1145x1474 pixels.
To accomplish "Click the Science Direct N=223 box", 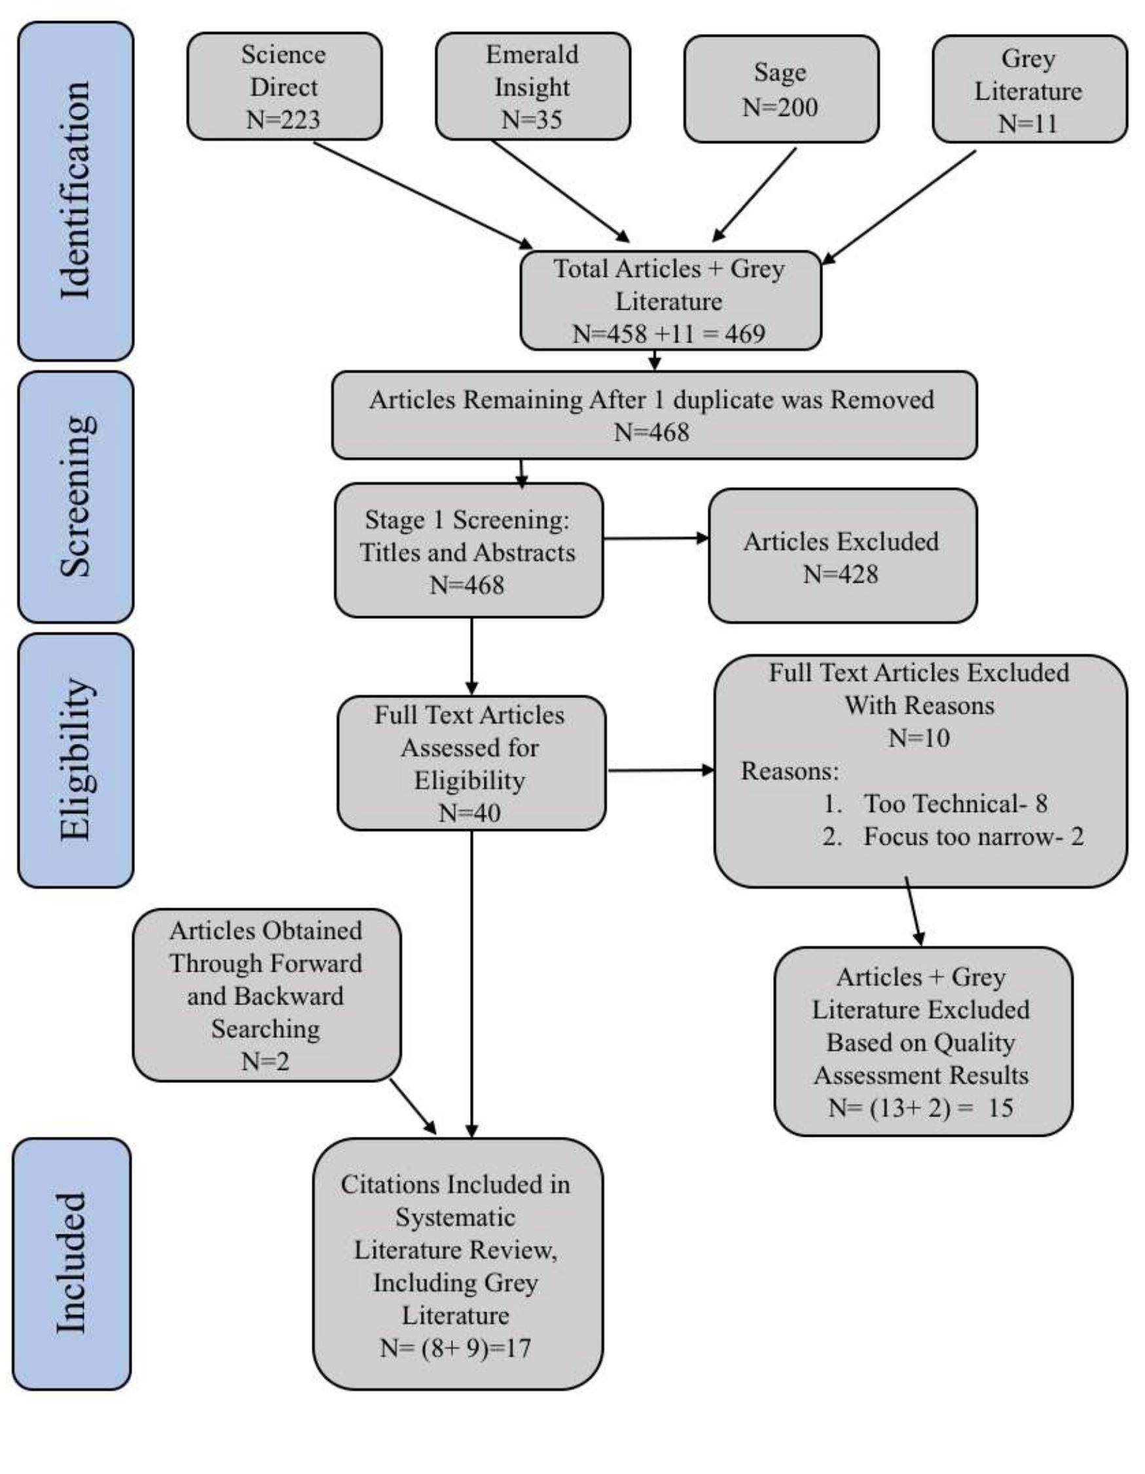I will (284, 87).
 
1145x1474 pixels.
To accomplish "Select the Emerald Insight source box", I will (532, 87).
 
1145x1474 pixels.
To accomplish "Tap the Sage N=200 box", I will (780, 90).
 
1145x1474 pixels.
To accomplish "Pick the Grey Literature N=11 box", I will (1029, 90).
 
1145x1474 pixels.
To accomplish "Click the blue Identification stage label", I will (75, 191).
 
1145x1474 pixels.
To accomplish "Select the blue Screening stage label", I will (75, 497).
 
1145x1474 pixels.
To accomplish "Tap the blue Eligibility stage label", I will (75, 760).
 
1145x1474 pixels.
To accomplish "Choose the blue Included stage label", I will (71, 1264).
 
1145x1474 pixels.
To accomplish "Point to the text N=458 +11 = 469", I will (668, 334).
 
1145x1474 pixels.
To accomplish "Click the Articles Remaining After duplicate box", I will (654, 415).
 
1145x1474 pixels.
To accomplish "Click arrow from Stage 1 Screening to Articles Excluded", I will (655, 538).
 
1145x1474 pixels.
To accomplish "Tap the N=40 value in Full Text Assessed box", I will (469, 813).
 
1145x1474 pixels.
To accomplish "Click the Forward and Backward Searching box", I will (266, 995).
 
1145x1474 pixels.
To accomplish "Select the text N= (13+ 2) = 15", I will (921, 1108).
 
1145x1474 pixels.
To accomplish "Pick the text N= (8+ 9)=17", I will (456, 1348).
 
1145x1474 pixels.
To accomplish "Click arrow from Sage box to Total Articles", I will (754, 194).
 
